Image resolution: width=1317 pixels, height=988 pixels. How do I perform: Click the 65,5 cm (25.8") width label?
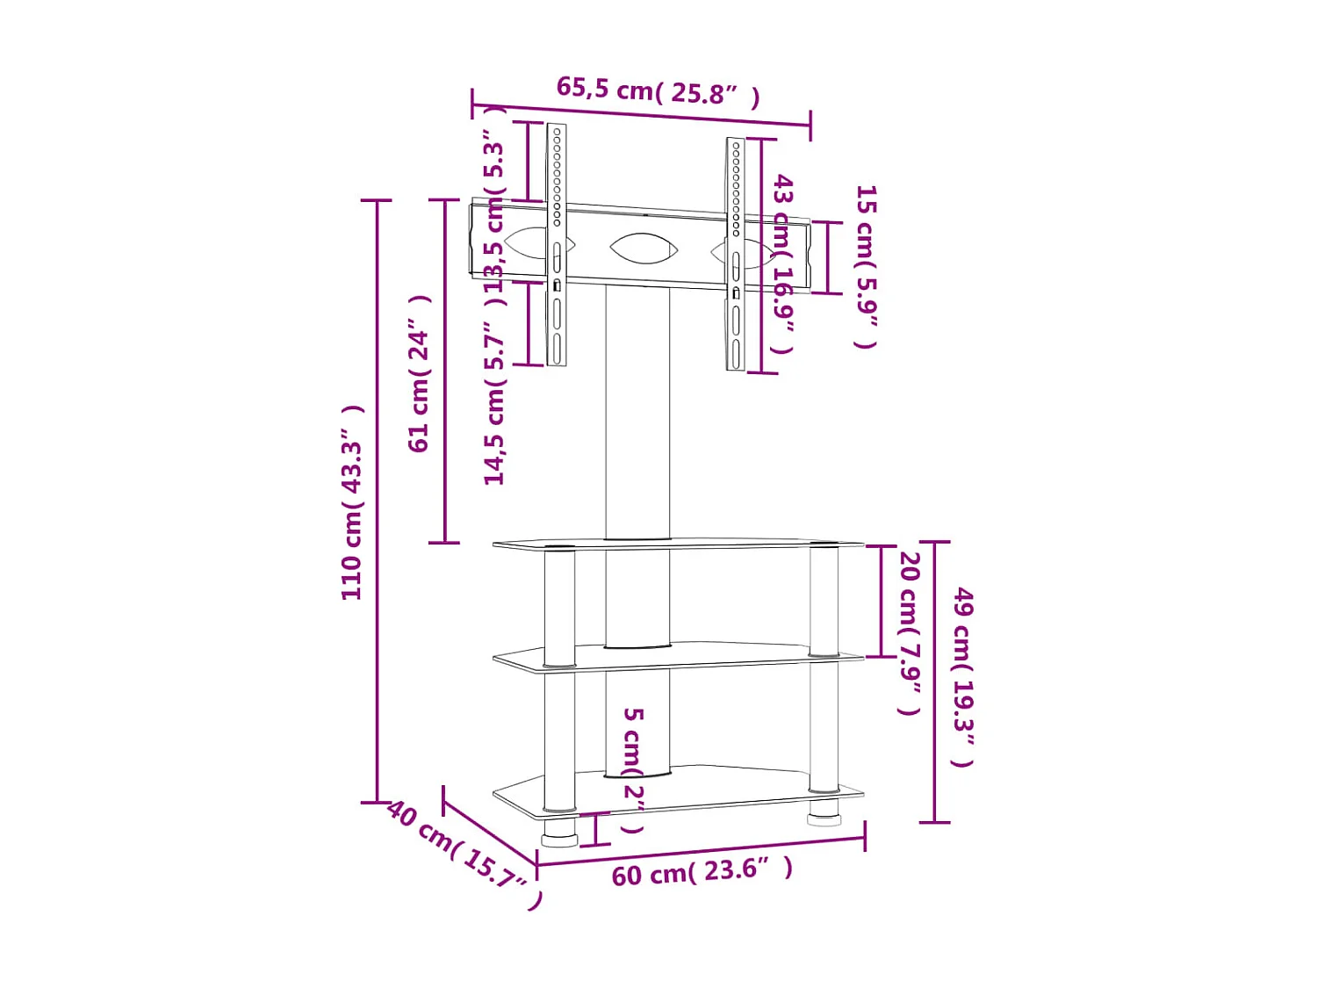click(x=658, y=90)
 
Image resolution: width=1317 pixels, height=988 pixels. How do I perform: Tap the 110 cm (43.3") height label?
click(x=352, y=502)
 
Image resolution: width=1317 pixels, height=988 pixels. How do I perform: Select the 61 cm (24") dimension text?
click(x=420, y=373)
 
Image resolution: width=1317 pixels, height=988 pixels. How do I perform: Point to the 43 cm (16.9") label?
click(x=782, y=263)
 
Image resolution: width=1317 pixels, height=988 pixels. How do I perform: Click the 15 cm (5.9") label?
click(x=866, y=266)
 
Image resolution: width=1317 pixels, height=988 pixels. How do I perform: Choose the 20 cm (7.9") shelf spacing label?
click(x=910, y=632)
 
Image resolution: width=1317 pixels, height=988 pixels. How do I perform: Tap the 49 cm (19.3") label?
click(x=963, y=676)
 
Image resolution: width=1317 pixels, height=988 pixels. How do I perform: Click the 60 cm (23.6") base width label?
click(x=702, y=872)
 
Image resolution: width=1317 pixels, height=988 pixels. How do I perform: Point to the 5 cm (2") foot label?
click(x=633, y=769)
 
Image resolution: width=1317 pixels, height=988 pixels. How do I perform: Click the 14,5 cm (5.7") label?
click(x=495, y=409)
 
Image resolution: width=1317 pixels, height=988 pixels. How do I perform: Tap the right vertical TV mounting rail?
click(x=736, y=255)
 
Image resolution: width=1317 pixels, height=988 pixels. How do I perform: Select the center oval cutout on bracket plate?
click(x=644, y=249)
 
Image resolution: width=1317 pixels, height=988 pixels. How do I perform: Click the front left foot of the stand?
click(x=559, y=832)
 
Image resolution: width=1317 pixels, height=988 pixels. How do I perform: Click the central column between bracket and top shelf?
click(x=637, y=413)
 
